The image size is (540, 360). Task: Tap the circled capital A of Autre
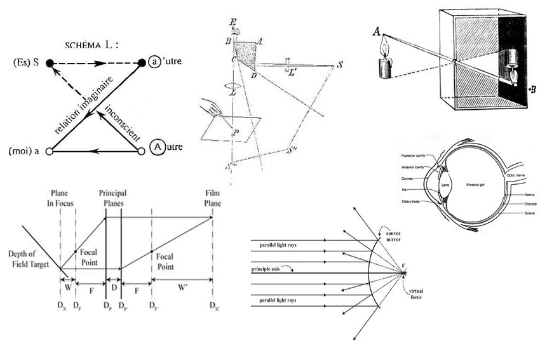[x=156, y=147]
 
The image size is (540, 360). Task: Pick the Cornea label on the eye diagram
[x=408, y=178]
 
